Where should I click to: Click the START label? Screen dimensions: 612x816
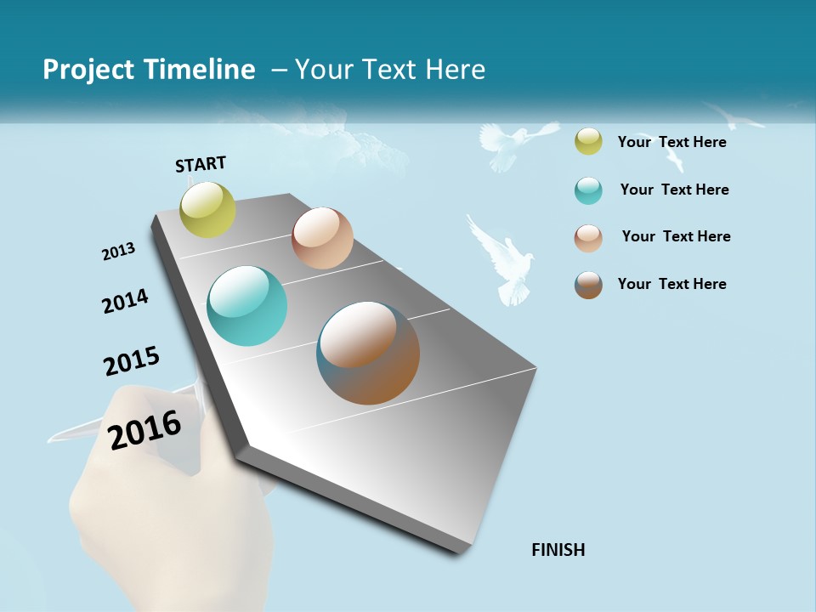[x=201, y=164]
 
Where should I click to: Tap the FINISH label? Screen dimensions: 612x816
[x=558, y=550]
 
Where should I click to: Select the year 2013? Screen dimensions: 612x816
[x=118, y=252]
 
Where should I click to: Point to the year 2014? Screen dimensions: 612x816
[x=125, y=301]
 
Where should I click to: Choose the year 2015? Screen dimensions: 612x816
[x=132, y=361]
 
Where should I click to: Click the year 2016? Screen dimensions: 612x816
[x=145, y=429]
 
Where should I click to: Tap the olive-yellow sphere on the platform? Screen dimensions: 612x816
[x=208, y=209]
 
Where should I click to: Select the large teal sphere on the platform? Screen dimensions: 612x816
[x=247, y=306]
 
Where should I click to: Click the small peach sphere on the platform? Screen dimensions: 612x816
[x=322, y=238]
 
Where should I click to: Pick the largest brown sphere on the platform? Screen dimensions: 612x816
[x=368, y=353]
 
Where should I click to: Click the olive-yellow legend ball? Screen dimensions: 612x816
[x=588, y=142]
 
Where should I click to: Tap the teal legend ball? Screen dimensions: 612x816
[x=588, y=190]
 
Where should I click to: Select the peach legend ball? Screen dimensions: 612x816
[x=588, y=237]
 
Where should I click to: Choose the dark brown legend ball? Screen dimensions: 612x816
[x=588, y=284]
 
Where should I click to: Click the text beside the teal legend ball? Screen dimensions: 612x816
[x=674, y=190]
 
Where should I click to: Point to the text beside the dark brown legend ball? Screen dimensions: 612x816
[x=671, y=284]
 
